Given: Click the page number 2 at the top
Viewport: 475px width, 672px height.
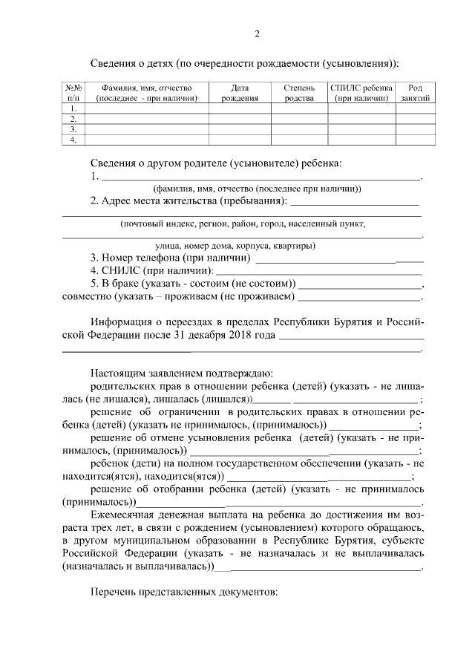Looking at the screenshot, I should click(257, 33).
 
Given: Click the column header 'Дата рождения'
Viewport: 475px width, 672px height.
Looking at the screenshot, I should click(240, 92).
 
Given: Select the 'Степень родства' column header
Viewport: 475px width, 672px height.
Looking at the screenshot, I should click(299, 92).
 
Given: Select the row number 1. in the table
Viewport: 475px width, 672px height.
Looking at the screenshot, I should click(73, 108).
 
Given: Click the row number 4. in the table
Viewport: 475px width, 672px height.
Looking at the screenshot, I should click(73, 140).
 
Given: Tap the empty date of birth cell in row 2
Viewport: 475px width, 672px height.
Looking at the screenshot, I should click(240, 119).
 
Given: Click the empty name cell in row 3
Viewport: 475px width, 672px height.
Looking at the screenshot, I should click(148, 129).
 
